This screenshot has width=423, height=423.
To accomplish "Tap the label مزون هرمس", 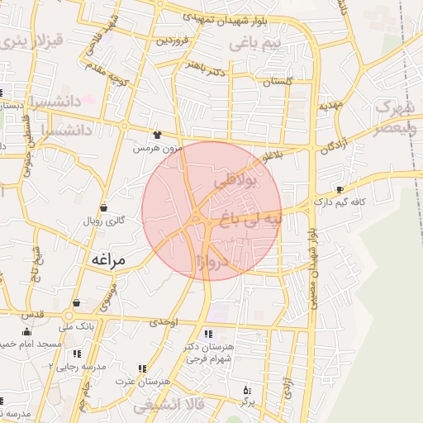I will coord(157,148).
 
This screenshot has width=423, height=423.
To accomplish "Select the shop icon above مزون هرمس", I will coord(157,134).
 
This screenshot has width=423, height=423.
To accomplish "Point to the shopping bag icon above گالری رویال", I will coord(103,207).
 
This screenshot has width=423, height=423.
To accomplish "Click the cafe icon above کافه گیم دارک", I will coord(339,189).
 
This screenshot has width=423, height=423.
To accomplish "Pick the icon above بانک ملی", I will coord(76,303).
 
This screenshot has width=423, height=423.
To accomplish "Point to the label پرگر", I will coord(245,402).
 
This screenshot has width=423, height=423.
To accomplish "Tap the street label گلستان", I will coord(278,83).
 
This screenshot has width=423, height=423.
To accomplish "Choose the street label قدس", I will coord(33,315).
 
